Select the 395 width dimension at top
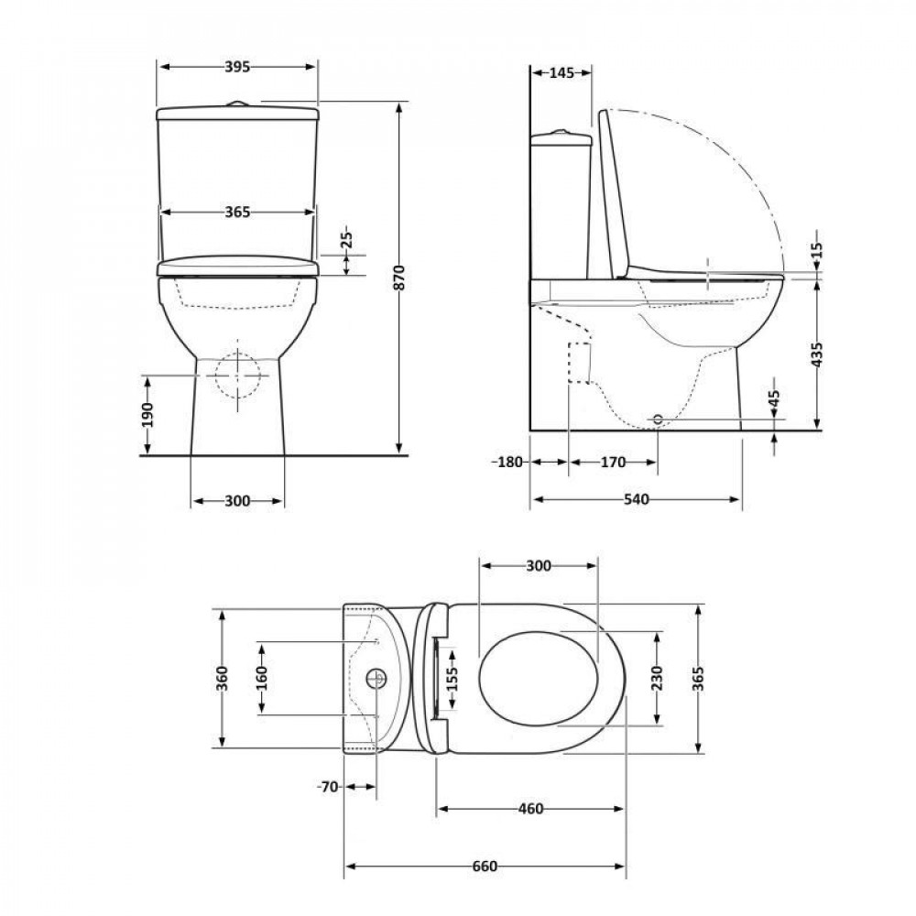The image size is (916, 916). [x=237, y=67]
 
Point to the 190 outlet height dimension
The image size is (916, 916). [x=147, y=414]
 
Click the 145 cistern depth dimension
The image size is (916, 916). [x=561, y=73]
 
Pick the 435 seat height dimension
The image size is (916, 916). [x=816, y=354]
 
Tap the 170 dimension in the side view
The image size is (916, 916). [x=613, y=463]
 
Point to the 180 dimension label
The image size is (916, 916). [x=509, y=463]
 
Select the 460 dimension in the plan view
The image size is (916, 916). [x=530, y=809]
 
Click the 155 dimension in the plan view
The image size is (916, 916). [x=453, y=680]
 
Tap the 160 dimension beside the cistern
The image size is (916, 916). [x=262, y=678]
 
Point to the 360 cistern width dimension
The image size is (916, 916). [x=222, y=678]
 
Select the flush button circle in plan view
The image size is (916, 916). [x=376, y=679]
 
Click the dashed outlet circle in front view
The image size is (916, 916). [x=236, y=375]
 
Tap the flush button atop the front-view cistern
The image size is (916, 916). [x=237, y=104]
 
